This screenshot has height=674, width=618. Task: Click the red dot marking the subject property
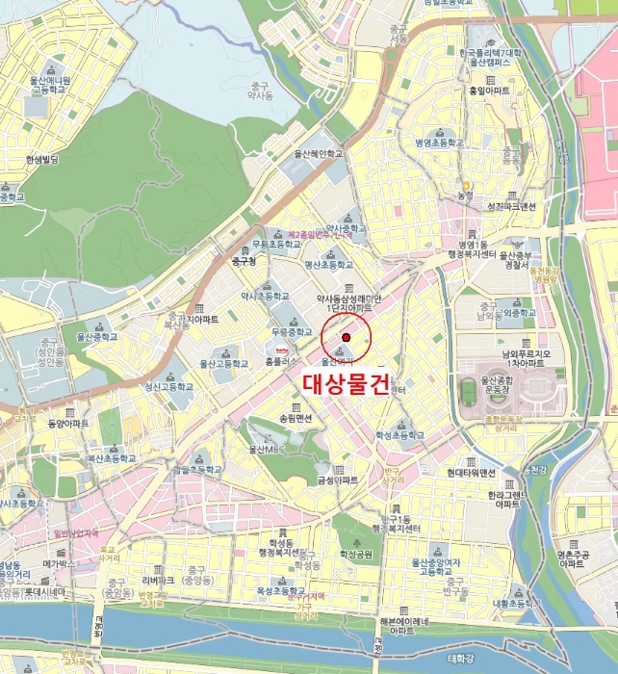coord(346,337)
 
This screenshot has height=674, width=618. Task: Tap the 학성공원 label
coord(355,555)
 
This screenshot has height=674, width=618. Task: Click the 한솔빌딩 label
coord(42,160)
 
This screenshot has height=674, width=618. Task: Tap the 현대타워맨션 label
coord(472,473)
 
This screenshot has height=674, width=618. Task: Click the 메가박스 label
coord(61,565)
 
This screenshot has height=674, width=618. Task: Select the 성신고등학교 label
coord(168,387)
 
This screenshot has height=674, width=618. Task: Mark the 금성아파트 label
coord(338,480)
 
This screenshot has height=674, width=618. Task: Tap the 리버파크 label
coord(158,581)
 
